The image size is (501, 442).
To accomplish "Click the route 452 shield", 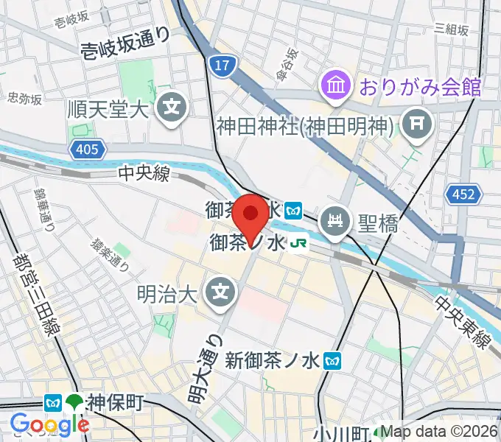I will pyautogui.click(x=463, y=194).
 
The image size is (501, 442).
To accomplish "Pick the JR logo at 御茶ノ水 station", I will pyautogui.click(x=298, y=242).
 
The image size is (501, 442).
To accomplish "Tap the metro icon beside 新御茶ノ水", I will pyautogui.click(x=335, y=360).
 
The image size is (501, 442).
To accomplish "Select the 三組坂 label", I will pyautogui.click(x=452, y=29).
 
